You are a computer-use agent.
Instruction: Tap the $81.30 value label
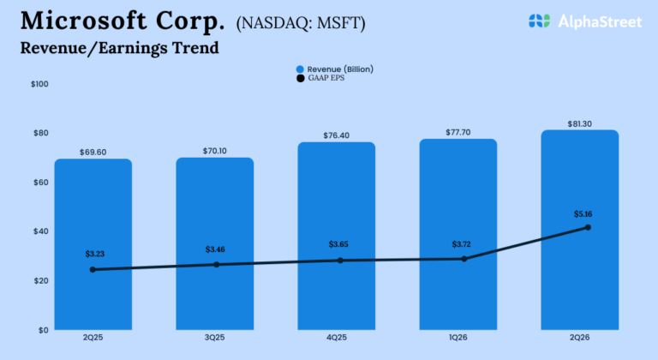coord(579,124)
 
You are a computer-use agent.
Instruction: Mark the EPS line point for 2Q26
coord(588,227)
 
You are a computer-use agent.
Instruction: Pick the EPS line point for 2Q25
coord(93,269)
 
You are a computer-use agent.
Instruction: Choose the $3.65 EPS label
coord(339,244)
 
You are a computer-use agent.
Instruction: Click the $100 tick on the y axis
coord(39,84)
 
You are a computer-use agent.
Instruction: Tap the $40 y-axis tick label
coord(40,231)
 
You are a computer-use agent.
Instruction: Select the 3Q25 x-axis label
coord(214,338)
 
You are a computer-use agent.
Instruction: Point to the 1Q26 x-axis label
coord(458,338)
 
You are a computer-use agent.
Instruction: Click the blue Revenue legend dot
coord(300,69)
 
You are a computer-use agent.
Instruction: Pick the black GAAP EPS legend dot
coord(300,78)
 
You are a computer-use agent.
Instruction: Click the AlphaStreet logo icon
coord(539,21)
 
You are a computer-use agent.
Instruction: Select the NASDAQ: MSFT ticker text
coord(300,23)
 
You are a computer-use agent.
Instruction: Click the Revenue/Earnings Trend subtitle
coord(118,48)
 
